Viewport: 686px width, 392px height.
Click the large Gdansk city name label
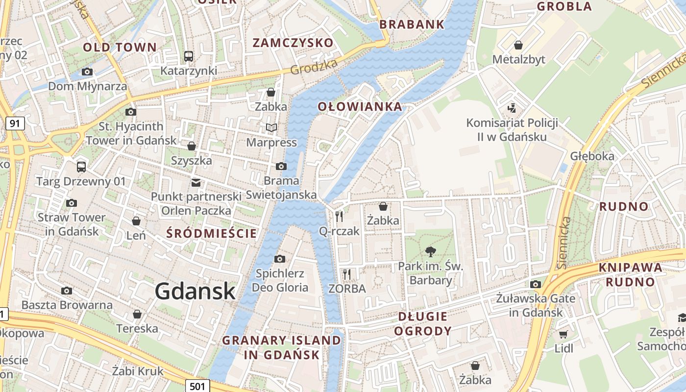195,291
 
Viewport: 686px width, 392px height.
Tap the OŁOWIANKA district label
360,107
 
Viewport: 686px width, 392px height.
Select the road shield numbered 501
197,386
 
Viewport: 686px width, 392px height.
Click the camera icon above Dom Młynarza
87,72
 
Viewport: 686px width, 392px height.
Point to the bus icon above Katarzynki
189,56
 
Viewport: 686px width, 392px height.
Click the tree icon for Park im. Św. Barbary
431,252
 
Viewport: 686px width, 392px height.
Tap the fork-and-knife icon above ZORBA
347,274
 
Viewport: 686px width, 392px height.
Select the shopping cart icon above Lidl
563,334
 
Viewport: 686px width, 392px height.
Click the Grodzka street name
314,67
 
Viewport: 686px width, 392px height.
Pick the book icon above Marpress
271,128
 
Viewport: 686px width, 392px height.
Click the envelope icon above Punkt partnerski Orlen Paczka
196,183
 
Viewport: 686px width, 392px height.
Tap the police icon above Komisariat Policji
512,108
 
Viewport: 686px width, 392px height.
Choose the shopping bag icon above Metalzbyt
518,46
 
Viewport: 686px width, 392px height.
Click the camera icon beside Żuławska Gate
535,284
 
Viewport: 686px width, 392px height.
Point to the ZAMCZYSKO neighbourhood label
293,43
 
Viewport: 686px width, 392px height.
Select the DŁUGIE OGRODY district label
423,323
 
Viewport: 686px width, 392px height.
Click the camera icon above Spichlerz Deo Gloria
279,259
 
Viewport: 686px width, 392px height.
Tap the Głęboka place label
592,156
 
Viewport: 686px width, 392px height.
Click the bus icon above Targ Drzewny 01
81,167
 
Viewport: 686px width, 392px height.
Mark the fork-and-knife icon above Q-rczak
339,216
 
